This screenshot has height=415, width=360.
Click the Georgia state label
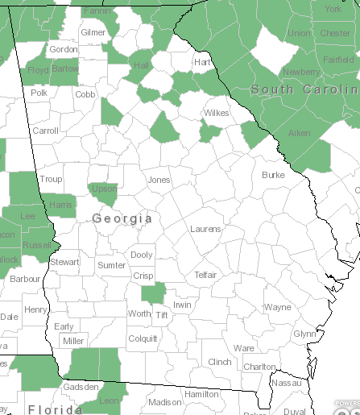point(122,218)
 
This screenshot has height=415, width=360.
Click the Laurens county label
point(205,229)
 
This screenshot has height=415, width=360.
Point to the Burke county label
point(273,175)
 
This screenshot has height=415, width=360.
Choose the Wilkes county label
point(216,114)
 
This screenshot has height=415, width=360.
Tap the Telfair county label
point(206,275)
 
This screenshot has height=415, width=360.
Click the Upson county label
point(104,189)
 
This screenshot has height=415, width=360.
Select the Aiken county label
point(299,133)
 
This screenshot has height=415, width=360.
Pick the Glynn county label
point(304,334)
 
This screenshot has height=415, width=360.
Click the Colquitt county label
point(143,338)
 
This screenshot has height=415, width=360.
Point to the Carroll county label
point(45,130)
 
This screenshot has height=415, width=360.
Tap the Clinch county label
point(220,362)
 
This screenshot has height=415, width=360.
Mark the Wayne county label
point(278,307)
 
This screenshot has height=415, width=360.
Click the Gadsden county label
point(81,387)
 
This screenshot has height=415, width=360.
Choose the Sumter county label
point(112,265)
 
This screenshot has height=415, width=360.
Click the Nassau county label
point(285,384)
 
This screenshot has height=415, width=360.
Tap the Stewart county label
point(65,262)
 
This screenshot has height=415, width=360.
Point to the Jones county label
point(159,180)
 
